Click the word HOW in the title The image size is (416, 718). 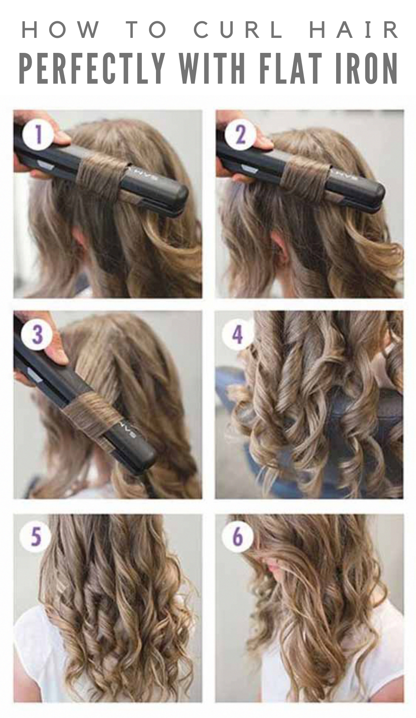coord(61,30)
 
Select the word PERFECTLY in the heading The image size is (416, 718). coord(92,68)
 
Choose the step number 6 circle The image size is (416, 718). coord(238,537)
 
